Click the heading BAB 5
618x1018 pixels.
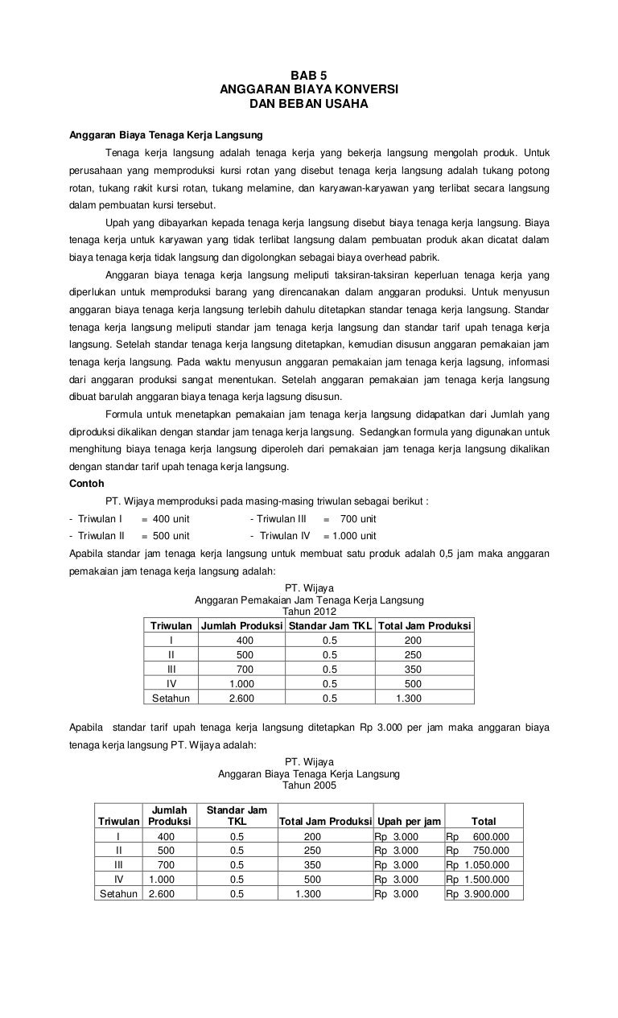tap(309, 74)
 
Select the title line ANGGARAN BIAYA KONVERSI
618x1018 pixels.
tap(309, 89)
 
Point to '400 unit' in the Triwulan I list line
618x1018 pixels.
tap(171, 519)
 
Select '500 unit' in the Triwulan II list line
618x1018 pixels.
tap(171, 536)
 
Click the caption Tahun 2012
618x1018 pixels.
tap(309, 612)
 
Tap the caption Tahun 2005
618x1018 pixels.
tap(309, 785)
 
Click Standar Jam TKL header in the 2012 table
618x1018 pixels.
tap(331, 626)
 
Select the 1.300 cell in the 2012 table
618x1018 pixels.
tap(409, 698)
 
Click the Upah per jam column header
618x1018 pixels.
tap(408, 822)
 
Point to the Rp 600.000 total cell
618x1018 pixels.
tap(483, 836)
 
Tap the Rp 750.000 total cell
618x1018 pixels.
tap(483, 851)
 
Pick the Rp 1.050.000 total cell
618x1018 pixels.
tap(483, 865)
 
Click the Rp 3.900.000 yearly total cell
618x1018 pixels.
tap(483, 894)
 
